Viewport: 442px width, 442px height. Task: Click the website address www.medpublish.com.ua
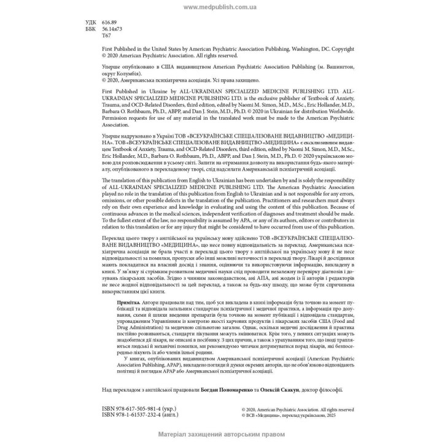pyautogui.click(x=220, y=7)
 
